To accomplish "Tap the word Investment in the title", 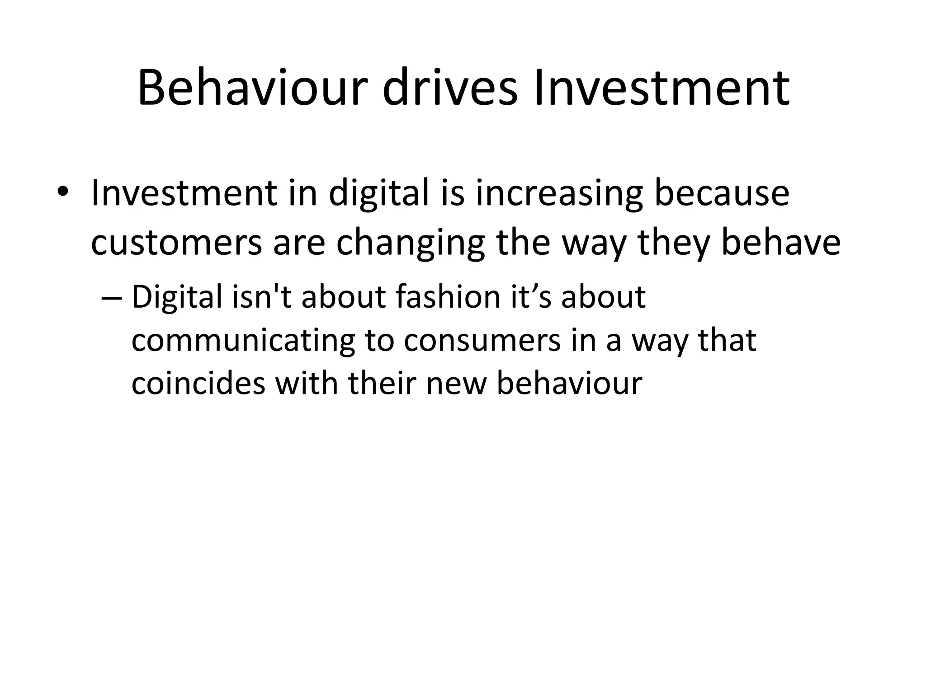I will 661,88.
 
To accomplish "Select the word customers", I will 176,243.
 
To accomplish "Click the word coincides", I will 198,384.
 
